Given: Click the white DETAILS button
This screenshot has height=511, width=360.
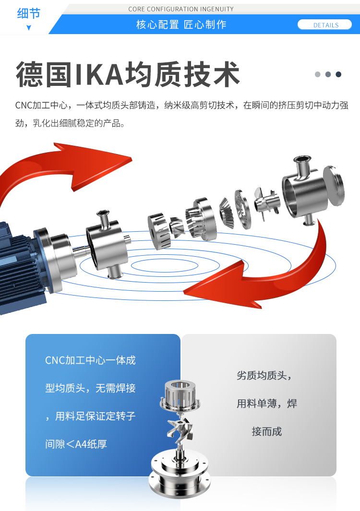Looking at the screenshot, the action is coord(324,25).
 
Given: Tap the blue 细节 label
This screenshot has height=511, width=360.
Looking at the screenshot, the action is coord(28,13).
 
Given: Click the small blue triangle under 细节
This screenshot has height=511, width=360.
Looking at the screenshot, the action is coord(29,28).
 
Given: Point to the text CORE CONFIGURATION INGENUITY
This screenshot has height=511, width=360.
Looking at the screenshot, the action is coord(181,9).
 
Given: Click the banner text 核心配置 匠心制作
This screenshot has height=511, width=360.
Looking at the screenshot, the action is coord(181,24).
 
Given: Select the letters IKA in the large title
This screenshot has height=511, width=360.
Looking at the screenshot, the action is coord(99,75).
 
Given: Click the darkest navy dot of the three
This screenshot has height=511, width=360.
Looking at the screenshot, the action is coord(338,74).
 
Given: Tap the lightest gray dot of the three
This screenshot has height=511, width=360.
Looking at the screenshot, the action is coord(318,74).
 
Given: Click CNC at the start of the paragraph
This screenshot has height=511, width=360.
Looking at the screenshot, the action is coord(24,105).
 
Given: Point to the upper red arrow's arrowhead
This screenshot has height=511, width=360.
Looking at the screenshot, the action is coord(98,165).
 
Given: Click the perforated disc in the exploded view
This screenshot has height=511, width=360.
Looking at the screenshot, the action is coord(243,209).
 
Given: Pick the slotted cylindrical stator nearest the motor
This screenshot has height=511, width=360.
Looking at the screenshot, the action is coord(159,231).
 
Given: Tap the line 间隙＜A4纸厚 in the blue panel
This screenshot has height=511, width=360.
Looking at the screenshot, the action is coord(76,444).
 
